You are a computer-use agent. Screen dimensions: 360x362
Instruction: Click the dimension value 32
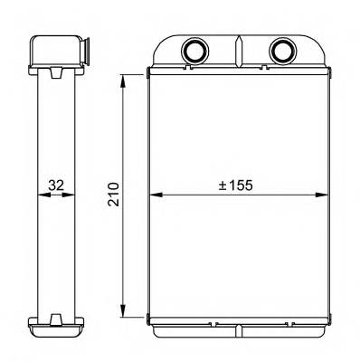56,185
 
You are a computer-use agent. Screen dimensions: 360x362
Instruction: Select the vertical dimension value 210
114,194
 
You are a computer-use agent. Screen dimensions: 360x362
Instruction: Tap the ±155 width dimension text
235,186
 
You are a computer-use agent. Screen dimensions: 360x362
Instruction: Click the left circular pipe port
194,50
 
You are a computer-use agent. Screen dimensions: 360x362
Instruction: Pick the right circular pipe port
283,50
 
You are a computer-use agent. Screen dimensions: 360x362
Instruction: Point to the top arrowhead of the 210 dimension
123,81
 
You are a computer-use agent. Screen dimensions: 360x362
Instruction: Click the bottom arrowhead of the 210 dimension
123,310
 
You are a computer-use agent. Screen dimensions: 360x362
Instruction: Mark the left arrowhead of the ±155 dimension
156,195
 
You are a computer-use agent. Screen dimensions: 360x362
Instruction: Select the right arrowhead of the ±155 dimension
321,195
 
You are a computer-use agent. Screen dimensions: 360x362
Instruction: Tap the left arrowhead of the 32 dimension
44,195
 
